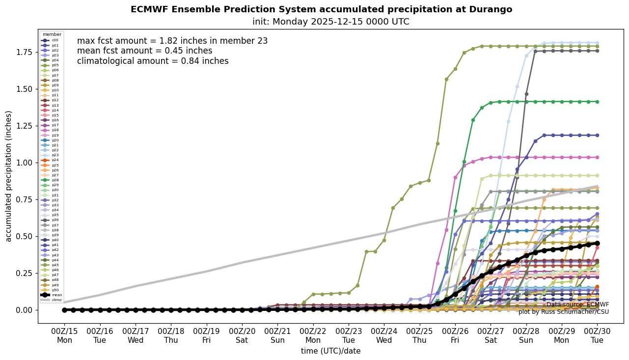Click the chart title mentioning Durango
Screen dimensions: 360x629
[x=321, y=9]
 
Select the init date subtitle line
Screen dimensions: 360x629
[x=330, y=22]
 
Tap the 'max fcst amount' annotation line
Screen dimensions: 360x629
[x=172, y=41]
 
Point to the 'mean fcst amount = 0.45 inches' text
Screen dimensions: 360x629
[x=145, y=51]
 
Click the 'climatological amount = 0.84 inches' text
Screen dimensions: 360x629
[x=153, y=61]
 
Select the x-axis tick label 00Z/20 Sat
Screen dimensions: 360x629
[x=242, y=335]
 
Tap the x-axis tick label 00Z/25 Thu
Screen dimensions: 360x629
[x=420, y=335]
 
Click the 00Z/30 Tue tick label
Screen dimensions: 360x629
[x=598, y=335]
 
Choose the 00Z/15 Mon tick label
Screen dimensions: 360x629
[x=64, y=335]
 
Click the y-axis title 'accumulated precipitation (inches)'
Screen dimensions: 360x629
[x=8, y=176]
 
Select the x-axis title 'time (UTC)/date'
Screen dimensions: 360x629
[x=330, y=351]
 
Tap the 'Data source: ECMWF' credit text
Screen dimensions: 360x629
[x=577, y=305]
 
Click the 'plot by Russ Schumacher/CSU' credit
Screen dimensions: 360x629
[x=563, y=312]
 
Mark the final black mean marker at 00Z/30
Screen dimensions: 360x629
[x=598, y=243]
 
